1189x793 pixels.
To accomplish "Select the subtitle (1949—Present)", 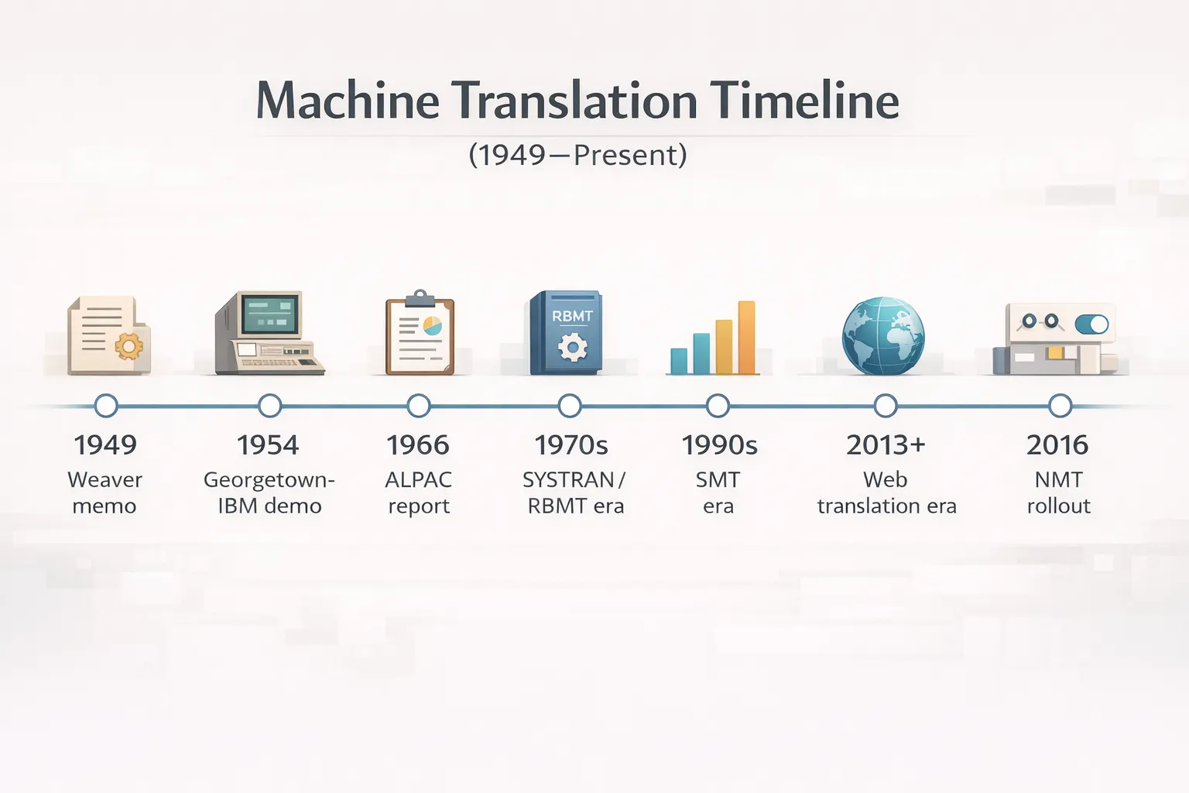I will click(577, 155).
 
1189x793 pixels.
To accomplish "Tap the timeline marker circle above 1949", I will click(105, 406).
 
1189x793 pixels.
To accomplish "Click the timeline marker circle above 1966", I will click(418, 406).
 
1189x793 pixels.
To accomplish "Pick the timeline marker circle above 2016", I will click(1059, 406).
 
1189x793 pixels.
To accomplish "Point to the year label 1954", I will click(268, 445).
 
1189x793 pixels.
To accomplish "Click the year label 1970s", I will click(571, 445).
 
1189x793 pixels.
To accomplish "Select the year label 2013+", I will click(886, 445).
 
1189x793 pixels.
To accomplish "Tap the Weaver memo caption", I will click(105, 493).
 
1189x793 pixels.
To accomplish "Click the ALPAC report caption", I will click(418, 493).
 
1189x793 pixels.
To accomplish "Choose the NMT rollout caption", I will click(1058, 493).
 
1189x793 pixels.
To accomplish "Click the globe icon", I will click(883, 336).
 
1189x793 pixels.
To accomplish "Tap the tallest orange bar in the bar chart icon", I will click(746, 338).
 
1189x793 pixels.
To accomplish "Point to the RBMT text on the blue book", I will click(572, 316).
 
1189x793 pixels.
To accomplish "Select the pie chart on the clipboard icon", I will click(432, 325).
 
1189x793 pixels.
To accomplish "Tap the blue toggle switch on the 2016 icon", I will click(1091, 324).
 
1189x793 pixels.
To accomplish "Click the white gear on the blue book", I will click(572, 347).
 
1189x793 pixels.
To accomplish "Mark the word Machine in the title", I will click(348, 101).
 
